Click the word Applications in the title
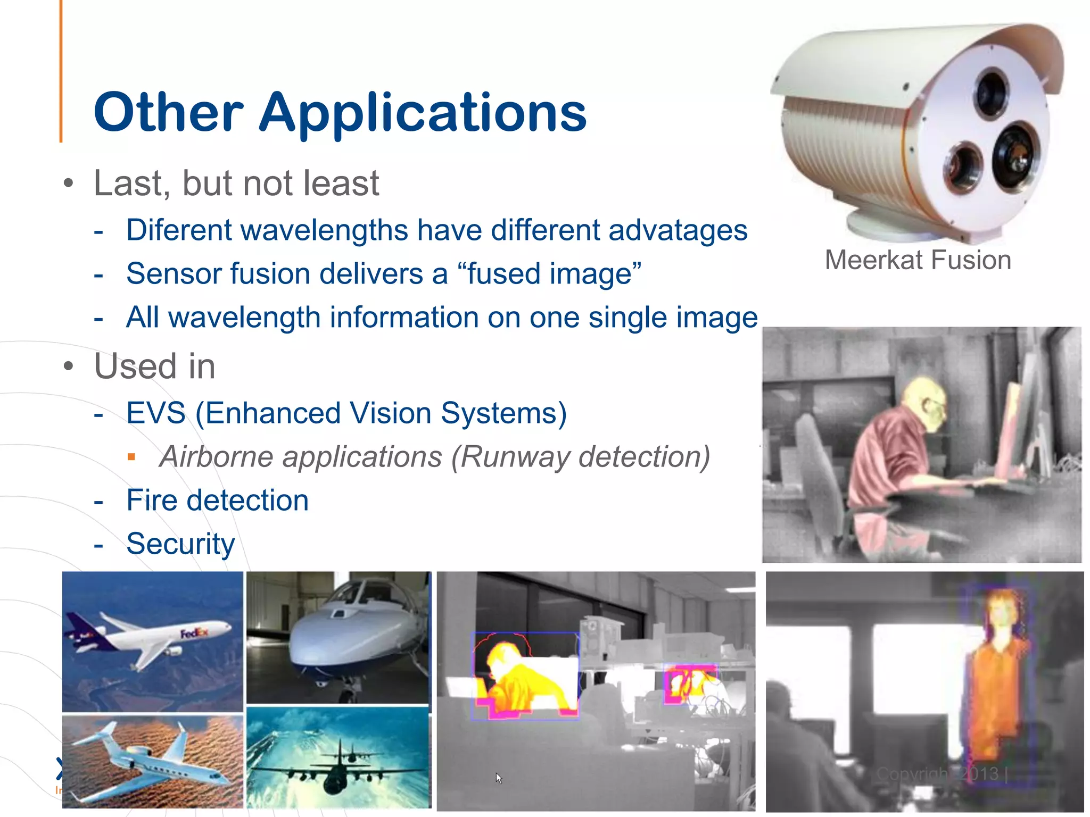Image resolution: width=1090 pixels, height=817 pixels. (x=423, y=113)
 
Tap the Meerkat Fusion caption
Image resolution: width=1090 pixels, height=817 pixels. (x=918, y=260)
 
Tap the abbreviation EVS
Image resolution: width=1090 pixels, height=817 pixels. (x=156, y=413)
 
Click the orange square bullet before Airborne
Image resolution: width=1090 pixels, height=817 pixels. (x=131, y=457)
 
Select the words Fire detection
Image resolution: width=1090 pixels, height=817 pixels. (x=217, y=501)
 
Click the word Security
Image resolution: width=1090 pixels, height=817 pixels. (x=180, y=544)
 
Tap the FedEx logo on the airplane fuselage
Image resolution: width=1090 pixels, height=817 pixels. (x=194, y=633)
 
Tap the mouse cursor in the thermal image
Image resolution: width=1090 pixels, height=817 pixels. (x=498, y=778)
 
